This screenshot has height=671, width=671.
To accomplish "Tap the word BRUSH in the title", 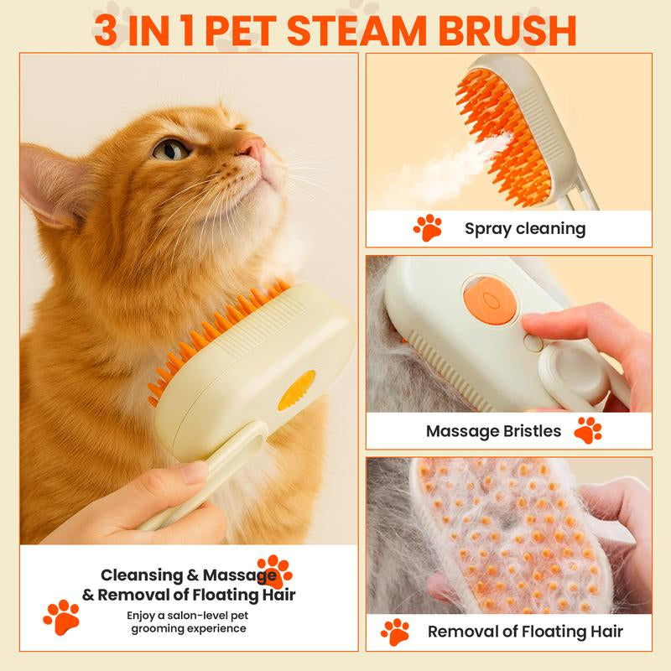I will coord(510,30).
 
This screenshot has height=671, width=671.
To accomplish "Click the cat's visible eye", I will coord(172,149).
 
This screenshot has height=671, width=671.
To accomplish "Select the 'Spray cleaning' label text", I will coord(525,228).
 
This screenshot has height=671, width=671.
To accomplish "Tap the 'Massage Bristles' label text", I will coord(493,431).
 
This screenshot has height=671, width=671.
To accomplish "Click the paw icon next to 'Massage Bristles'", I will coord(588,430).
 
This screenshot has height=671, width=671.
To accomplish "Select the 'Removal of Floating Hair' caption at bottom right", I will coord(525,632).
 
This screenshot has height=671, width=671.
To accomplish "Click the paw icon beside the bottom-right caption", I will coord(395,632).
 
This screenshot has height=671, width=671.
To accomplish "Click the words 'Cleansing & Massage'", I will coord(188,575).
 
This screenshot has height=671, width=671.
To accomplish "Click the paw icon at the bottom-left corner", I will coord(61,616).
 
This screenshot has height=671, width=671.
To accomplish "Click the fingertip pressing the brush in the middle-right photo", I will coord(537,325).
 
